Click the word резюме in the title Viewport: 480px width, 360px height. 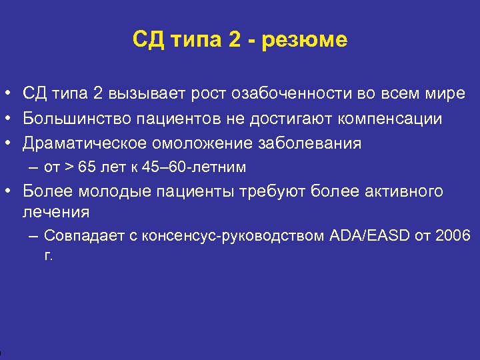[305, 41]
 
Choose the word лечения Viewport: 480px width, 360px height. [56, 212]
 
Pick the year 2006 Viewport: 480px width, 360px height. [454, 236]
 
